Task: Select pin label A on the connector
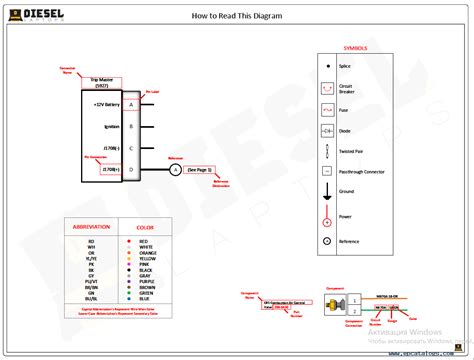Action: [x=131, y=104]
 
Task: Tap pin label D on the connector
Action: [x=131, y=170]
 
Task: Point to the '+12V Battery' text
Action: [x=107, y=104]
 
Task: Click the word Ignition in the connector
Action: [x=111, y=127]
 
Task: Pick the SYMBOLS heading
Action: [x=355, y=48]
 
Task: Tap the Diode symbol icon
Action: [x=327, y=131]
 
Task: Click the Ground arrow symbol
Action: [x=327, y=192]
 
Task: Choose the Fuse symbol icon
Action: [x=327, y=109]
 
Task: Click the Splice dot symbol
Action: [x=327, y=66]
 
